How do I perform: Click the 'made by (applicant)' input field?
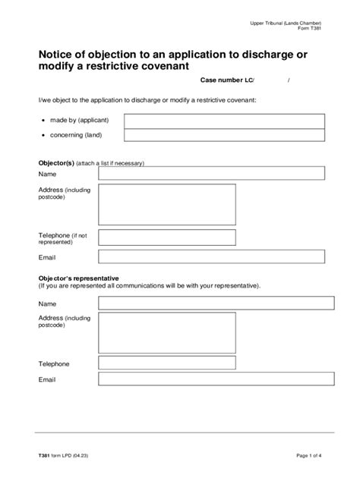point(224,121)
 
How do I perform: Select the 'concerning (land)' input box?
point(224,135)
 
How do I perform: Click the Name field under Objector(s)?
point(211,173)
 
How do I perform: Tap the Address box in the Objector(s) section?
point(166,204)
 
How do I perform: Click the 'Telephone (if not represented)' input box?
point(166,237)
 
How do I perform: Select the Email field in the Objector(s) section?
point(211,257)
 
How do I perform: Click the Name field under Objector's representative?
point(216,303)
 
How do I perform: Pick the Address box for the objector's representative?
point(166,333)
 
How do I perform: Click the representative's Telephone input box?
point(166,363)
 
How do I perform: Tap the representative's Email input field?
point(216,379)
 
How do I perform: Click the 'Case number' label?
point(221,80)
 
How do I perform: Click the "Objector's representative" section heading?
point(78,278)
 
